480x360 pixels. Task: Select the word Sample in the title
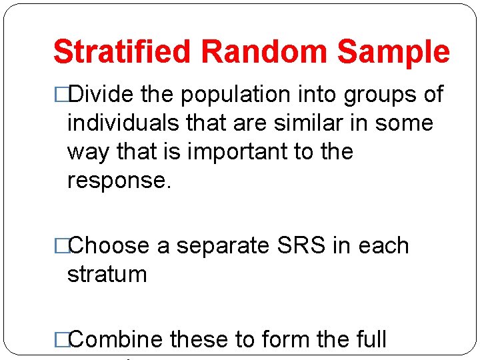(394, 52)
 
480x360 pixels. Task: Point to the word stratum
(107, 275)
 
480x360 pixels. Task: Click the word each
(383, 246)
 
